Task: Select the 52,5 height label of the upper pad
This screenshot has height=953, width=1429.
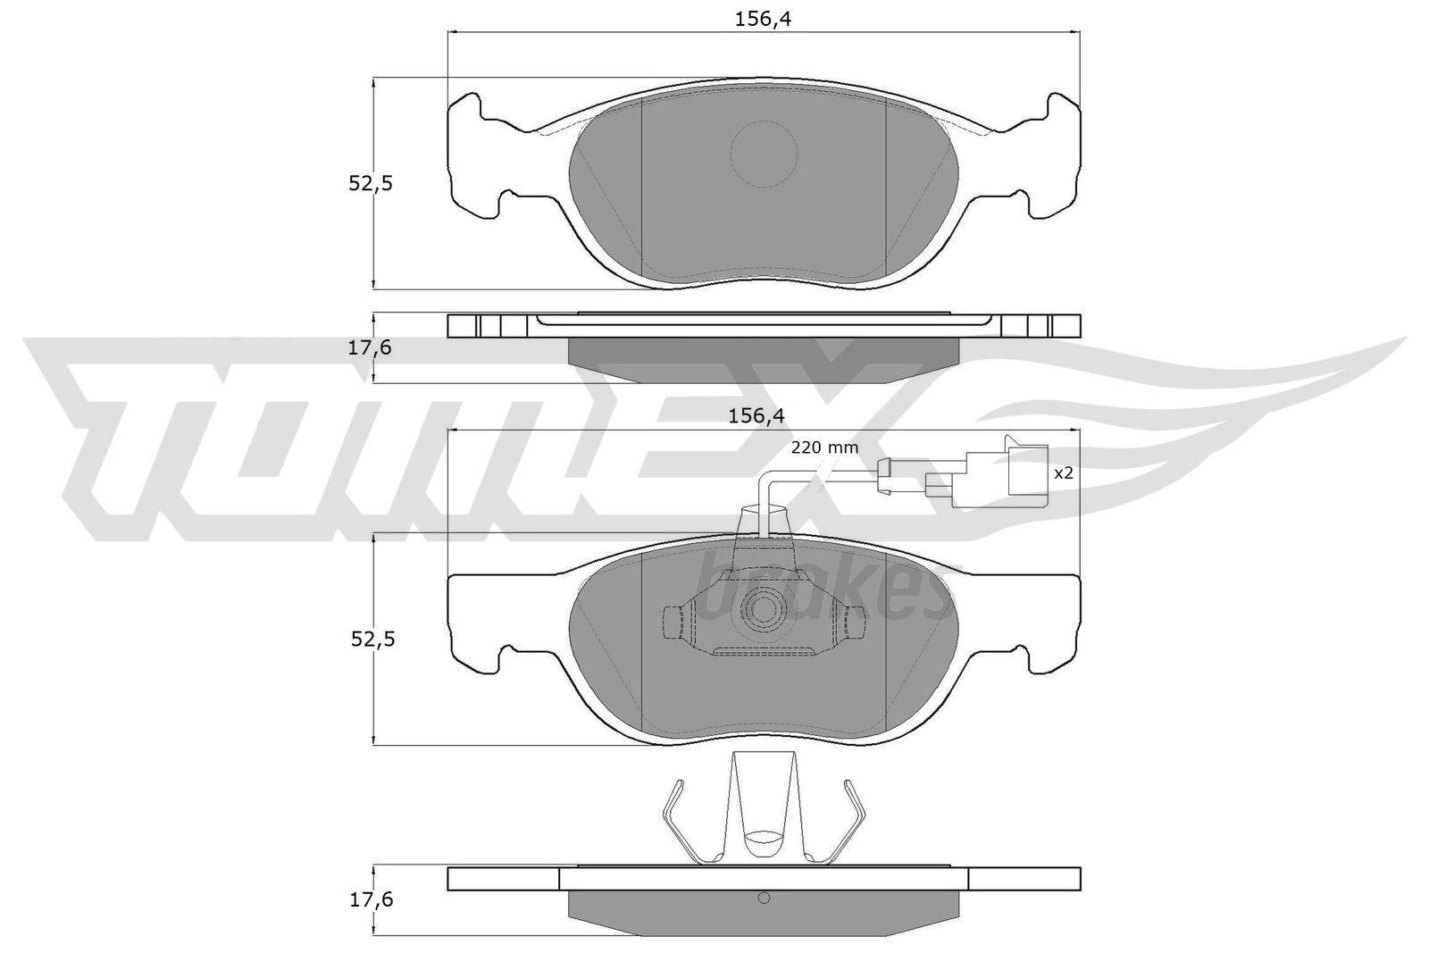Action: click(x=371, y=183)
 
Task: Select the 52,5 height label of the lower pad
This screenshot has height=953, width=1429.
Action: click(x=371, y=639)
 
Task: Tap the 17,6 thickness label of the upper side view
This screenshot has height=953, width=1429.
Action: click(x=371, y=347)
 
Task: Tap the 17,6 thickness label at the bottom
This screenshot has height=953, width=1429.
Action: click(x=371, y=899)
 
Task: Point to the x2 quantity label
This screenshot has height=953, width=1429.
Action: click(x=1063, y=473)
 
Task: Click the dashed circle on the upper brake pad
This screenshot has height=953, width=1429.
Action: click(x=763, y=154)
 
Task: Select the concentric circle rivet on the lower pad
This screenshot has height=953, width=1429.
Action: click(x=765, y=609)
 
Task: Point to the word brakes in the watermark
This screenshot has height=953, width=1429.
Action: click(x=822, y=589)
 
